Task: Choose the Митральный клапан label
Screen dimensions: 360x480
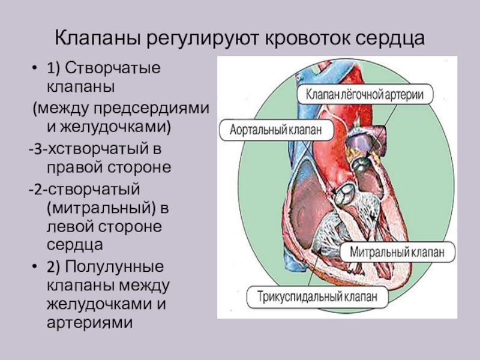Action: click(x=397, y=252)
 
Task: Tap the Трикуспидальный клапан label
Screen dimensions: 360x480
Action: click(x=318, y=296)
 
